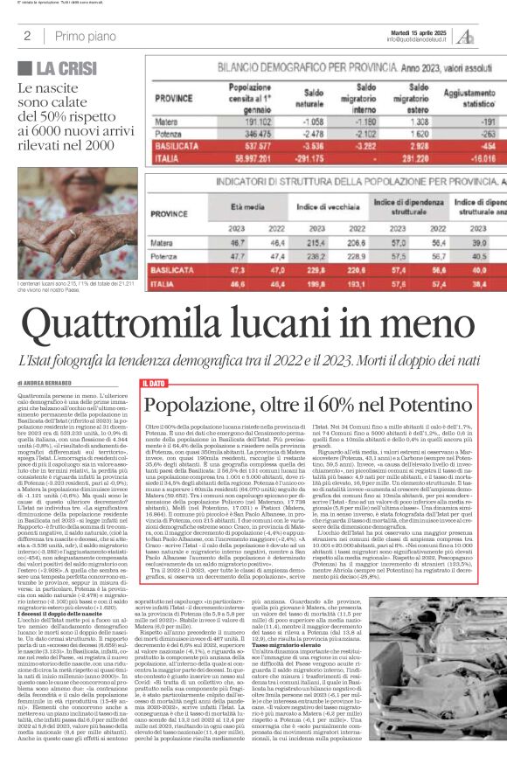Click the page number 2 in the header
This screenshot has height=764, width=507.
click(x=27, y=36)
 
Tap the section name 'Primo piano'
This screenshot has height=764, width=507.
click(x=85, y=36)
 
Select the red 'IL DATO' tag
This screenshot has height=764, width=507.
click(x=153, y=383)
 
